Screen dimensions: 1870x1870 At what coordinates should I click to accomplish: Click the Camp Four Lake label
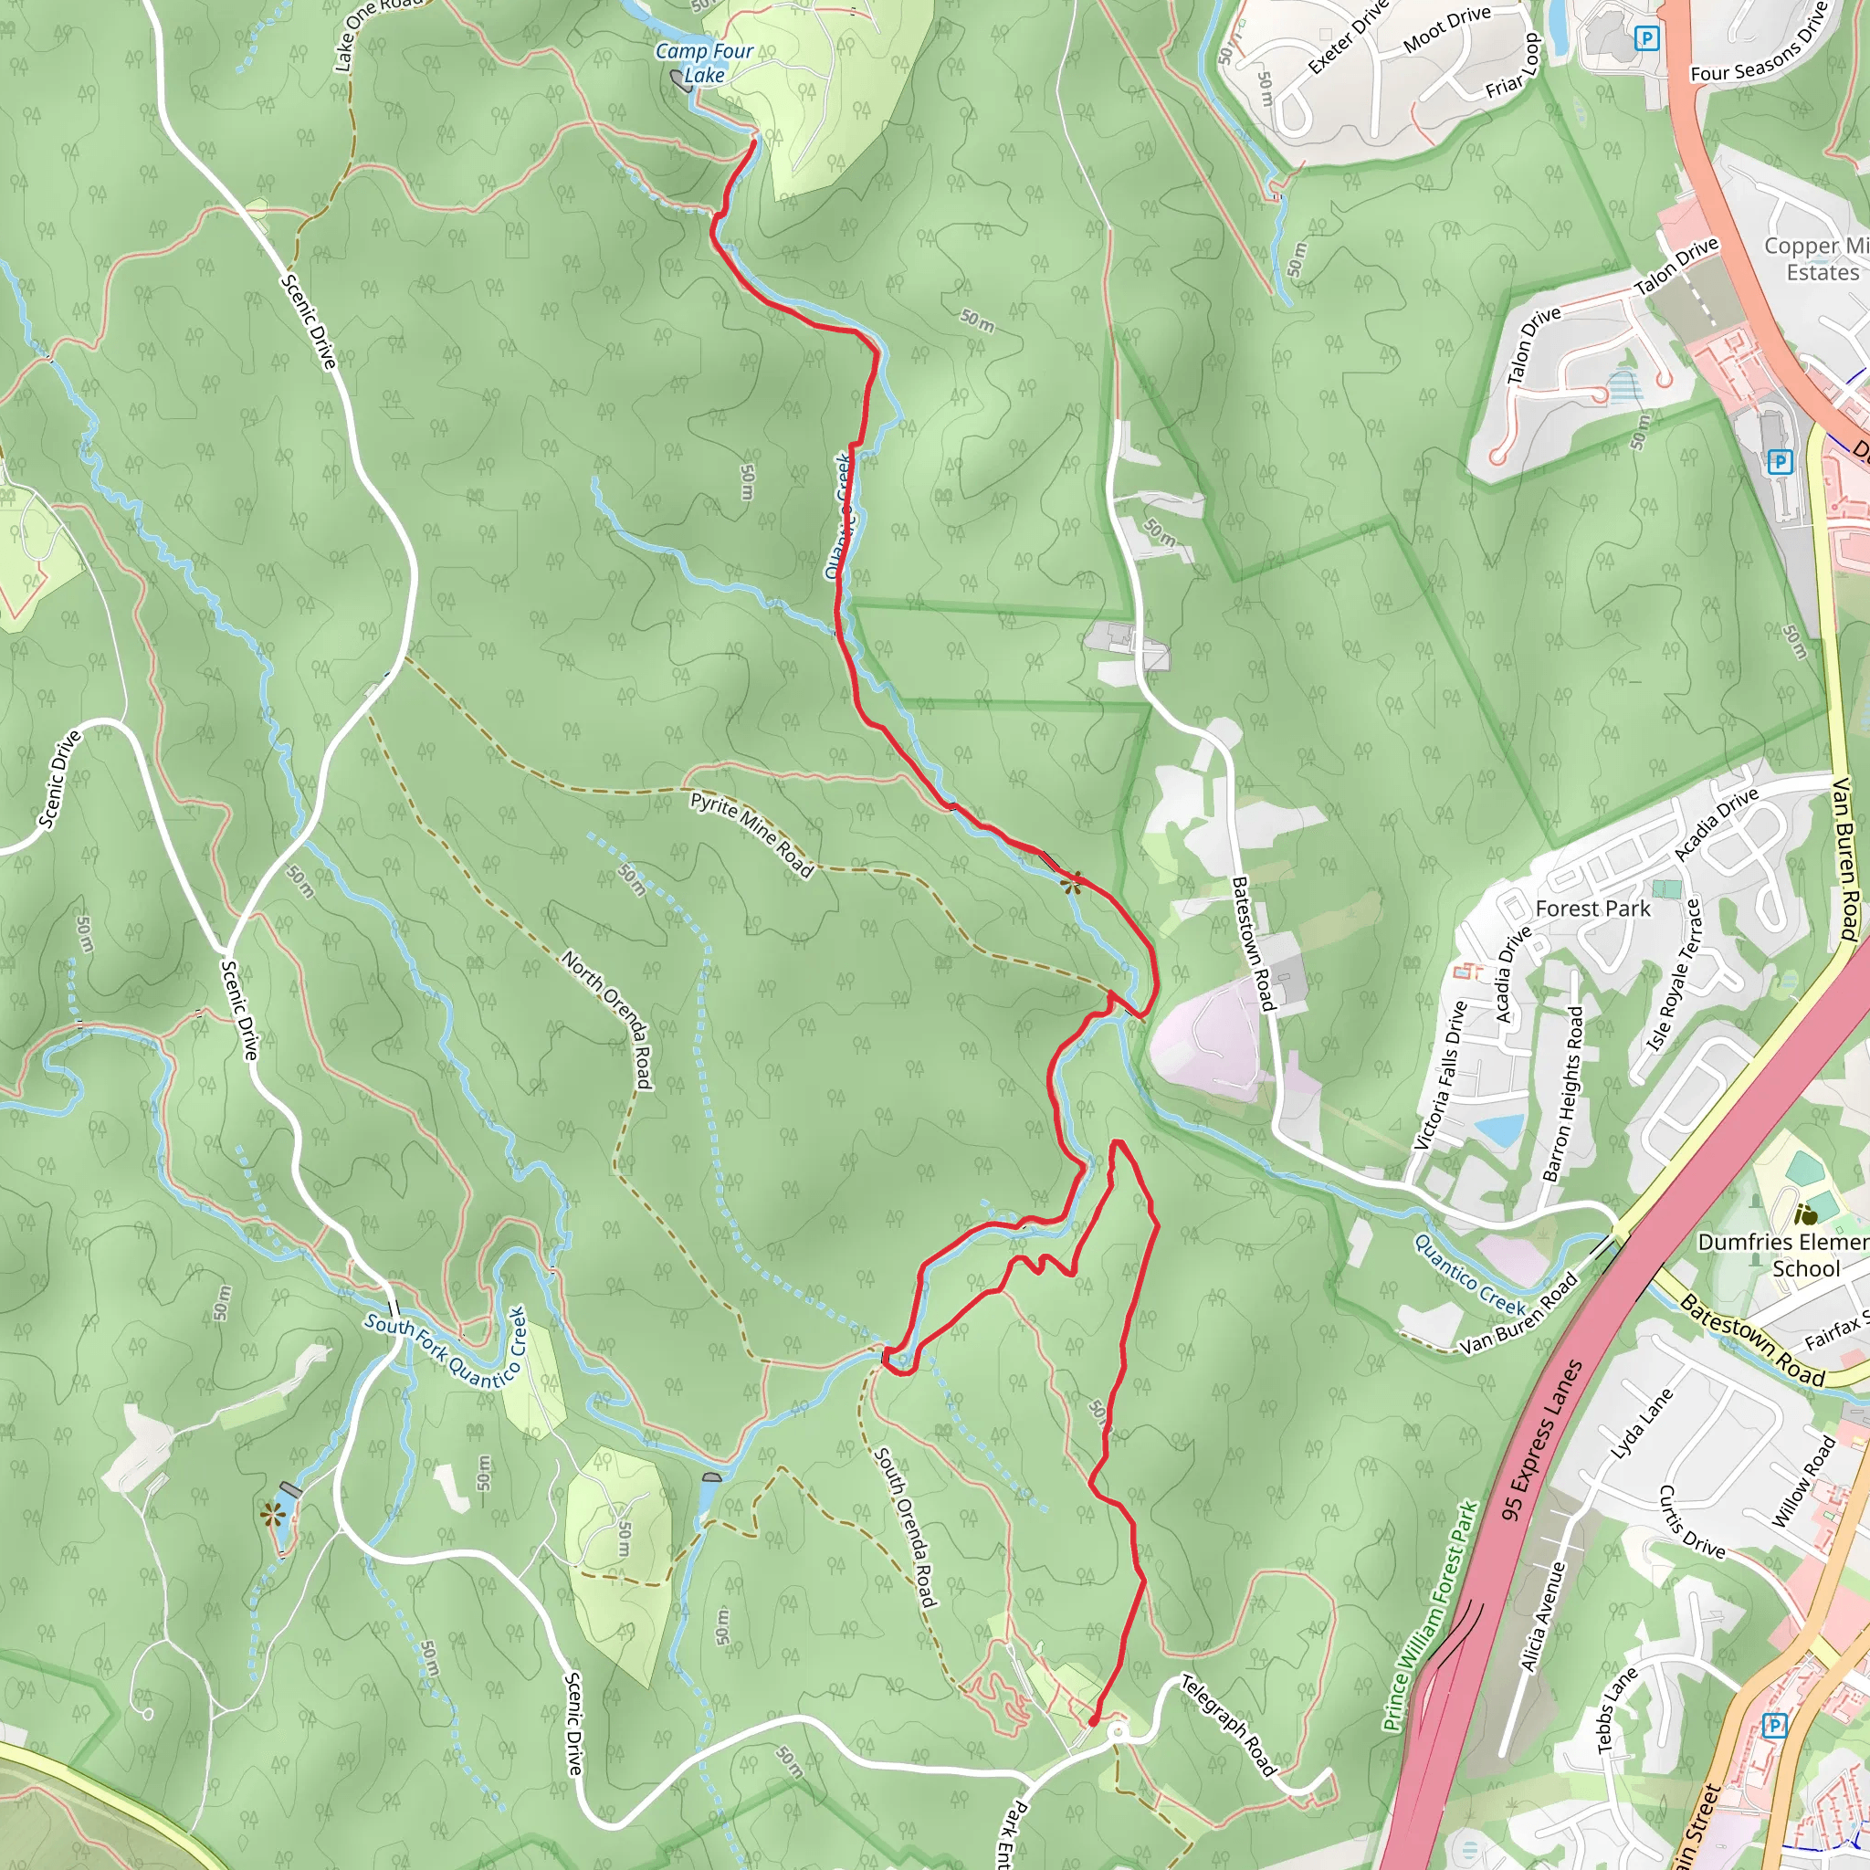click(x=704, y=63)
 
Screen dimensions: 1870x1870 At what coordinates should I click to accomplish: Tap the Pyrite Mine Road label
click(x=751, y=835)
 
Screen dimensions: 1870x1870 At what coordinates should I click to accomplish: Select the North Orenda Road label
click(x=607, y=1018)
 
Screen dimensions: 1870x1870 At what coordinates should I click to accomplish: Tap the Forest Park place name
click(x=1592, y=908)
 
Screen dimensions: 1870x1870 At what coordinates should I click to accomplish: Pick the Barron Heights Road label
click(x=1562, y=1095)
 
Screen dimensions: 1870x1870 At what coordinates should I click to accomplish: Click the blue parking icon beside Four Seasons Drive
click(x=1645, y=38)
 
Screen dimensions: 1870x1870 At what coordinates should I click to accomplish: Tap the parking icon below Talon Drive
click(x=1779, y=462)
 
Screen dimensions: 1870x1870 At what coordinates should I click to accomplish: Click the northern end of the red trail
click(x=754, y=142)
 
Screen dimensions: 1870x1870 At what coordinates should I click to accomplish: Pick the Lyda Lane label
click(x=1642, y=1424)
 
